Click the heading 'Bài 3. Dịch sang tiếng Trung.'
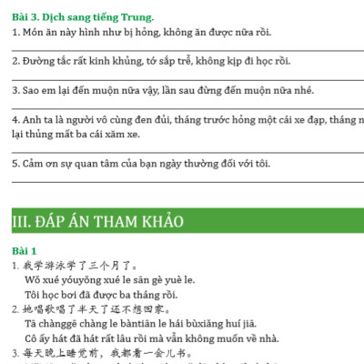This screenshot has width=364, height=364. tap(83, 16)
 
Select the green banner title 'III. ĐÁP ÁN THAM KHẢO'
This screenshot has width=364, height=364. tap(97, 222)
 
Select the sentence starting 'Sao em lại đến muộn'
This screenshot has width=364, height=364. tap(155, 91)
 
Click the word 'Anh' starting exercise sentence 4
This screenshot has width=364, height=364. tap(25, 119)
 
